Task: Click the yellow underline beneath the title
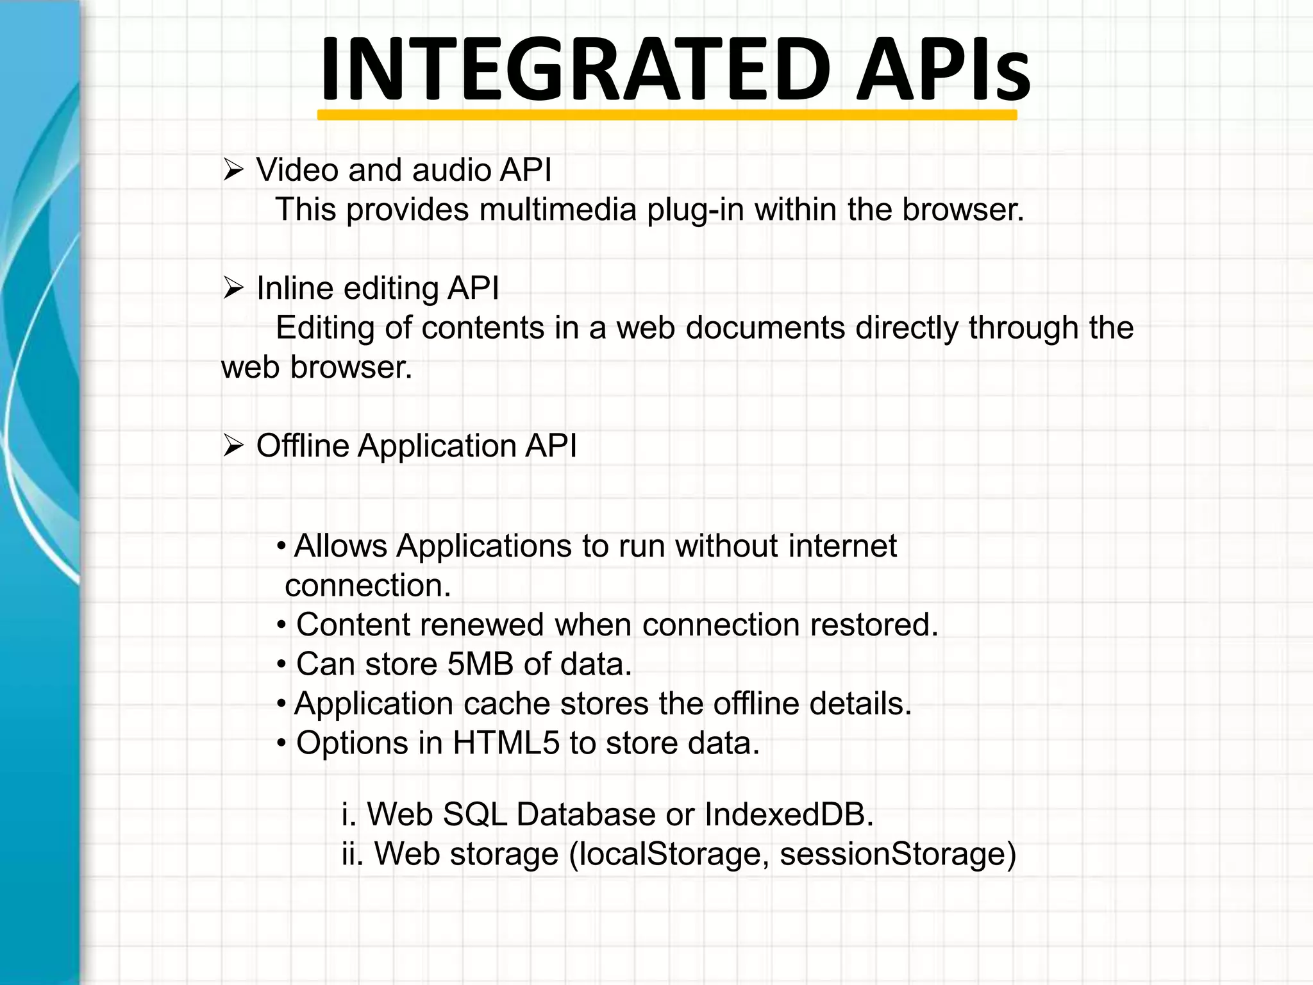667,115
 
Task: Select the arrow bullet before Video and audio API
233,171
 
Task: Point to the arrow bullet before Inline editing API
233,289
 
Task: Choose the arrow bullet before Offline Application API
233,446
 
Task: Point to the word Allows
340,546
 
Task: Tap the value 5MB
480,664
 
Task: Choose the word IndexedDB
789,814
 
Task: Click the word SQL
474,815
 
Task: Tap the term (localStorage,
669,855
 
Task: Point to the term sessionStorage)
898,855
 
